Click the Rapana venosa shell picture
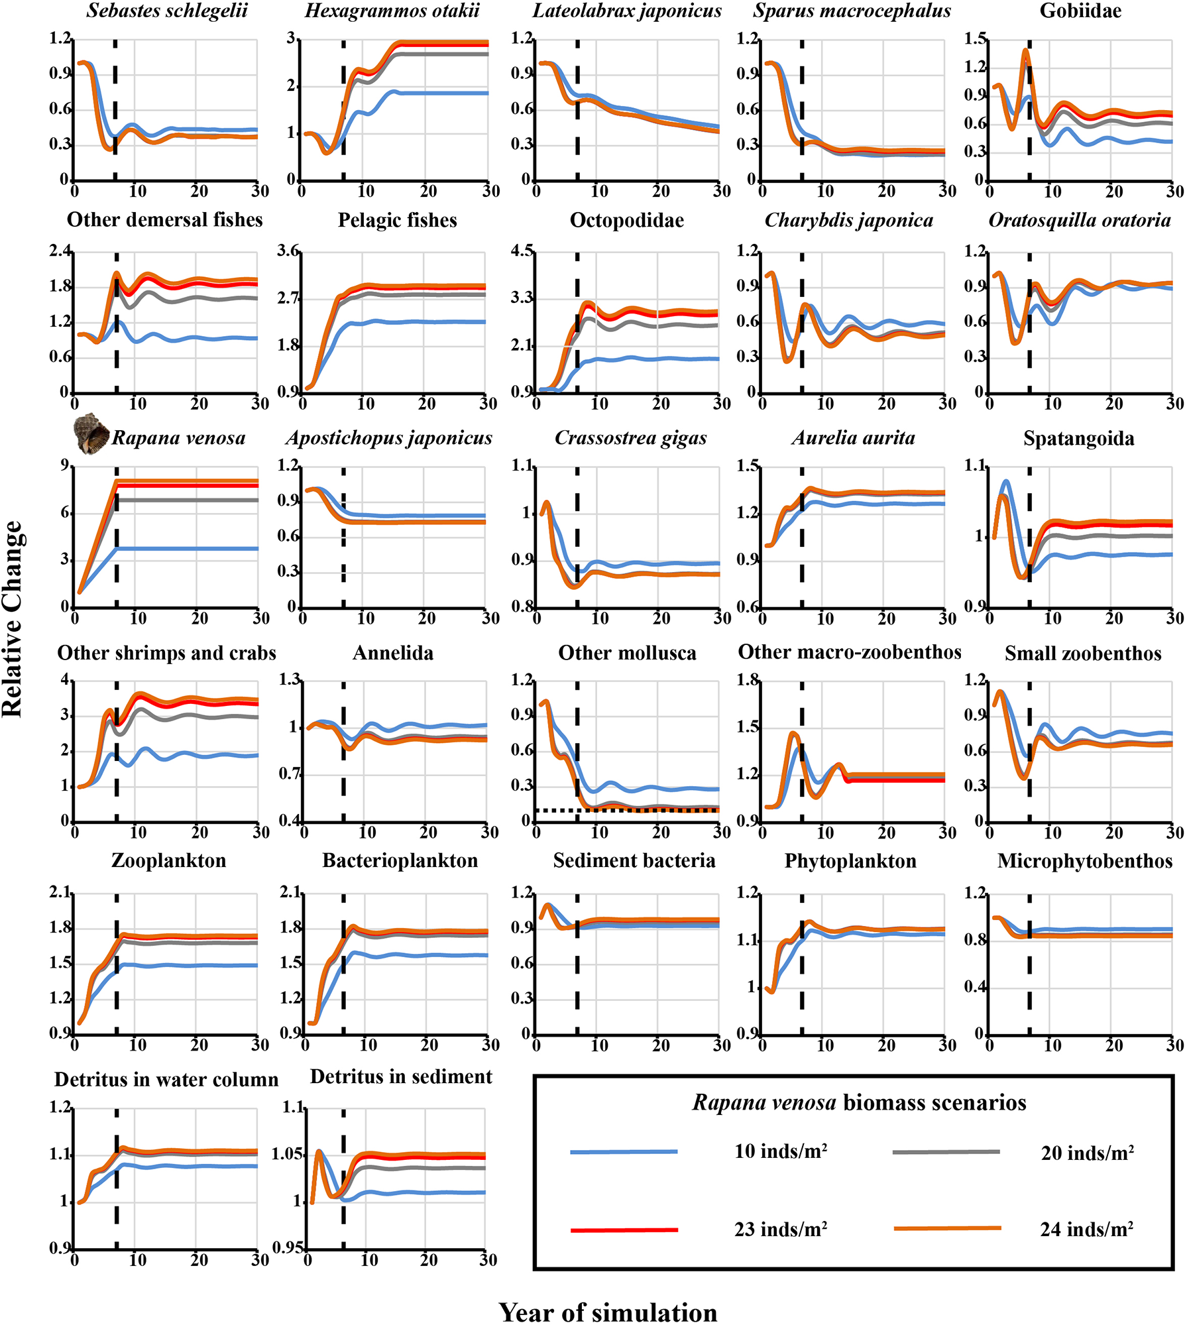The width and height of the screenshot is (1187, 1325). pos(91,433)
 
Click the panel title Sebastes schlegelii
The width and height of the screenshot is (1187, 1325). pos(167,11)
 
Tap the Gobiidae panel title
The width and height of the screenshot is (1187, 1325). pos(1080,11)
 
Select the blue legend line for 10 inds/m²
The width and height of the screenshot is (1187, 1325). pos(624,1152)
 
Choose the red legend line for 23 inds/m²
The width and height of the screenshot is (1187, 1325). pos(624,1230)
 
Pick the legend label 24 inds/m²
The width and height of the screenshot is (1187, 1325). pos(1086,1230)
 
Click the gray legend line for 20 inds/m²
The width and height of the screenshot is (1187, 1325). pos(946,1152)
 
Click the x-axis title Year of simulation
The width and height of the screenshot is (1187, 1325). pos(608,1312)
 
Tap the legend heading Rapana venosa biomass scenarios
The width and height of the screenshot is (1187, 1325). pos(859,1102)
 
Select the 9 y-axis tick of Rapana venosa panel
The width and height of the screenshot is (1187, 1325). pos(65,466)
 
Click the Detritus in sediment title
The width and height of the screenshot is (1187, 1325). pos(401,1076)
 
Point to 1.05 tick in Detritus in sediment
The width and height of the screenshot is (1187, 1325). pos(287,1154)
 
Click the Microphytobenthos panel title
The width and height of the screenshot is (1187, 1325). pos(1084,861)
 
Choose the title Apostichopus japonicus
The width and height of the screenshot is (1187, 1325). pos(389,438)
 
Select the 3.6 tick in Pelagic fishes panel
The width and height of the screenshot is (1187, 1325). pos(288,251)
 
